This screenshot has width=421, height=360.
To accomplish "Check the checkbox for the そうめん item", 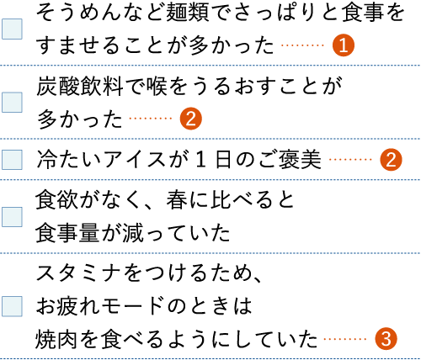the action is pyautogui.click(x=12, y=29).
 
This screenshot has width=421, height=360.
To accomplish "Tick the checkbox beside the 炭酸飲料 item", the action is pyautogui.click(x=12, y=103).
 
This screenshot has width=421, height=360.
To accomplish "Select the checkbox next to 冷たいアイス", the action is pyautogui.click(x=12, y=160).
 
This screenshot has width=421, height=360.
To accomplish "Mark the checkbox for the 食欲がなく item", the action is pyautogui.click(x=12, y=217).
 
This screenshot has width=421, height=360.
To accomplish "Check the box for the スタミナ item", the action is pyautogui.click(x=12, y=306).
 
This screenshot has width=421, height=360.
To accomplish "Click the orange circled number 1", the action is pyautogui.click(x=344, y=45).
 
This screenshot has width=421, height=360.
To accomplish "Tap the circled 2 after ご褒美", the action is pyautogui.click(x=391, y=160).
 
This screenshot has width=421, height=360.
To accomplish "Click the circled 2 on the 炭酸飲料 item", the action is pyautogui.click(x=191, y=119).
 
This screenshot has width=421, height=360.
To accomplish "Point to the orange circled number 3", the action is pyautogui.click(x=386, y=339).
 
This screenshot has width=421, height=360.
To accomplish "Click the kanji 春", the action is pyautogui.click(x=177, y=200).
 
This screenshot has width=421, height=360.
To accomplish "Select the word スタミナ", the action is pyautogui.click(x=79, y=273).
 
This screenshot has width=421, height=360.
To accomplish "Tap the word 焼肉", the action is pyautogui.click(x=56, y=339).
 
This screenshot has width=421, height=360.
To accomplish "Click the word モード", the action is pyautogui.click(x=131, y=306).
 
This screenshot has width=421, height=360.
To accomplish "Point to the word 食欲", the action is pyautogui.click(x=56, y=200).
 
